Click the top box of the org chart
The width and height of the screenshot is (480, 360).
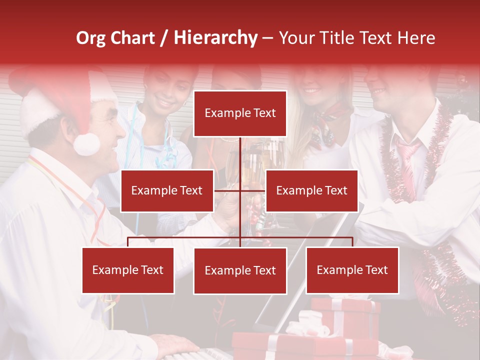[240, 113]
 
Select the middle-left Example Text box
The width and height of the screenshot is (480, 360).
[167, 190]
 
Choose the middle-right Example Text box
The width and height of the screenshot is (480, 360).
[311, 190]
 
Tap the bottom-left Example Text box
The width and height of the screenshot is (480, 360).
[128, 270]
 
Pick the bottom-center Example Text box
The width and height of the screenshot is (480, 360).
[240, 271]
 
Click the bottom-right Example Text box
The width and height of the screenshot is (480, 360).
[352, 270]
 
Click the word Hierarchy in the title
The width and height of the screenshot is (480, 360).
[215, 38]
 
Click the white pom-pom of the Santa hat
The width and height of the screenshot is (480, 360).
[86, 143]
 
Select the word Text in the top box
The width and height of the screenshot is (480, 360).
[264, 113]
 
